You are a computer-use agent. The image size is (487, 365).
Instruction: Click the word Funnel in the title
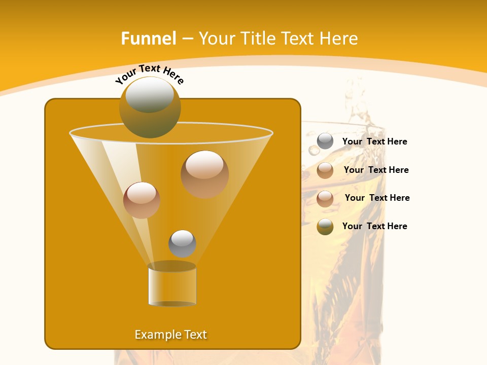coord(148,39)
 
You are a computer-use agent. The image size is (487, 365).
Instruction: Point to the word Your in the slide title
coord(217,39)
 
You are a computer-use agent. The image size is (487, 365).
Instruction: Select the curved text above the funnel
coord(149,74)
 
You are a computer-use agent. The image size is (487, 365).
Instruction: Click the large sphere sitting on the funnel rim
coord(150,107)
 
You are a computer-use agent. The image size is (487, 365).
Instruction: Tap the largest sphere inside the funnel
coord(204,174)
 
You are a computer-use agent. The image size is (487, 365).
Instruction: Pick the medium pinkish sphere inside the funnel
coord(142,200)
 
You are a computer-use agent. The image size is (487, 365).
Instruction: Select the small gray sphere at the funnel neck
coord(182,243)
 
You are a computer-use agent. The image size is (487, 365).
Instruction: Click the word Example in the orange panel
coord(157,335)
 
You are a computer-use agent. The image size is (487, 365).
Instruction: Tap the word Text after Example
coord(195,335)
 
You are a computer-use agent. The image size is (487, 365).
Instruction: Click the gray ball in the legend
coord(325,141)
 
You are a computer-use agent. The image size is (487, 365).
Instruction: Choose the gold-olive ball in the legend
coord(325,227)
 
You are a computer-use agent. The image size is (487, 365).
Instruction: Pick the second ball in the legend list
coord(325,170)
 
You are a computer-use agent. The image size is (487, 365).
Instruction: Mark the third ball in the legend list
coord(325,199)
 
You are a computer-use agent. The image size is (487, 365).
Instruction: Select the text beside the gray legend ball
coord(374,141)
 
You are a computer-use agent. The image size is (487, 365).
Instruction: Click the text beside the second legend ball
coord(376,170)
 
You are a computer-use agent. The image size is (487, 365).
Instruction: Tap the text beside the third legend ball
coord(377,198)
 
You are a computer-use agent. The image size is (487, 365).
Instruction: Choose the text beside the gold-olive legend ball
coord(374,226)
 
